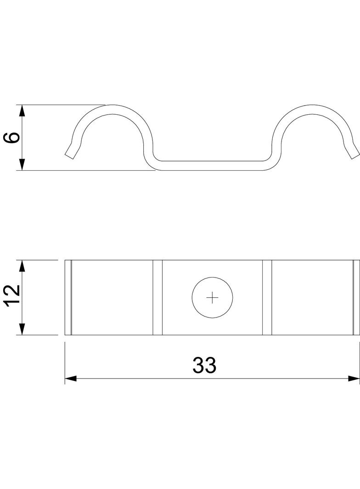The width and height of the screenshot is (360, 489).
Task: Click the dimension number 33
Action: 204,365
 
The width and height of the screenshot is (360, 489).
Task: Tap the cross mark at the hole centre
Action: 212,298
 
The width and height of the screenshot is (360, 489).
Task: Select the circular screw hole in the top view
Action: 212,298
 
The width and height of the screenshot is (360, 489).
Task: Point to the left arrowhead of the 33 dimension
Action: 71,378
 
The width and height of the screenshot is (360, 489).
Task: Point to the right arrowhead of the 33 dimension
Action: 354,378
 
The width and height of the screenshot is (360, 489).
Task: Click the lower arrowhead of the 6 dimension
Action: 22,164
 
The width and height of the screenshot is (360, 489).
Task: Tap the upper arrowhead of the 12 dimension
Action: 22,266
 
